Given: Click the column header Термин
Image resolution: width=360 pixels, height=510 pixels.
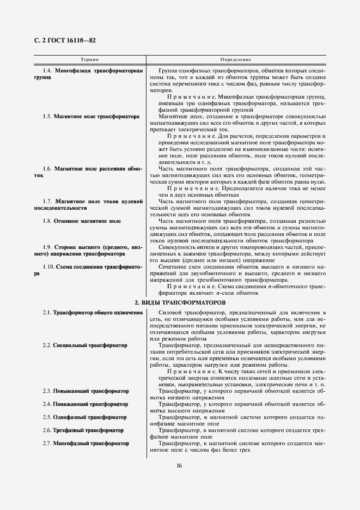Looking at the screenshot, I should [x=90, y=59].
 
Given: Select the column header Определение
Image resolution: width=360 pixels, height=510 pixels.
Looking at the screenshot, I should [x=235, y=59].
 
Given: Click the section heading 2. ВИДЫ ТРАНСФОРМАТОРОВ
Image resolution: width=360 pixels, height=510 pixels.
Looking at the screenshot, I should [x=180, y=302].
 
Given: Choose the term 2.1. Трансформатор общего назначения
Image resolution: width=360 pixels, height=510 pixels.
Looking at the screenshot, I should [x=89, y=312].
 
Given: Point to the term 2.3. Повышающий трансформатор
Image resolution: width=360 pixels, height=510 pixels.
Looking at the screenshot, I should [x=86, y=391].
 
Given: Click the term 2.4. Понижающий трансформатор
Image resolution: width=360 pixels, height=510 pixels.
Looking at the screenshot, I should [x=86, y=404].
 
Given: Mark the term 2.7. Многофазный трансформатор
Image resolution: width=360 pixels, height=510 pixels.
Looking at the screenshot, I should [x=86, y=444].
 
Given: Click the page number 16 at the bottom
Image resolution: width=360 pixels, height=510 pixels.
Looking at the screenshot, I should [x=179, y=465].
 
